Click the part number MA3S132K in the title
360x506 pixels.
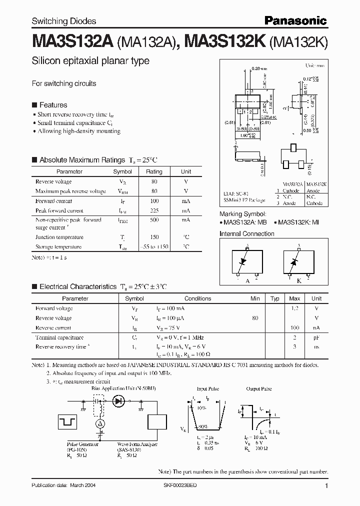point(225,41)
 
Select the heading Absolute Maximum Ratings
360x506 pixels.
point(82,160)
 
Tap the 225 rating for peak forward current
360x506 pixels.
point(154,210)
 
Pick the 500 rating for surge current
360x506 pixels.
point(154,220)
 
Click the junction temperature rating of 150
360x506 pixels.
point(154,237)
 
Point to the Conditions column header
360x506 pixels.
point(197,298)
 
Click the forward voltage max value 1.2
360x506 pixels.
point(294,308)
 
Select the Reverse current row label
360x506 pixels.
point(53,328)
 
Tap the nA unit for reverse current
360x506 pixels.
point(316,328)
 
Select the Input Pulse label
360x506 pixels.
point(207,388)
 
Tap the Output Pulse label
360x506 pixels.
point(258,388)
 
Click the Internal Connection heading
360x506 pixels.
point(247,233)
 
